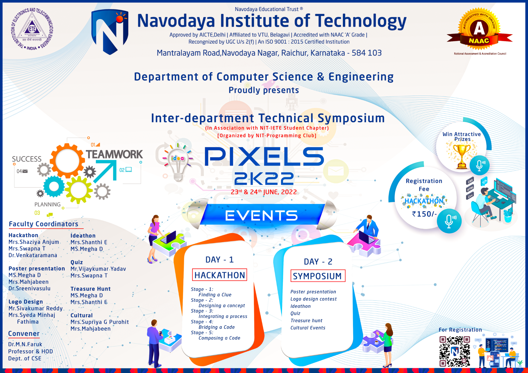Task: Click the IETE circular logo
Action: coord(32,29)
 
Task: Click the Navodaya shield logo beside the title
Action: coord(110,31)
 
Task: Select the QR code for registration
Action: coord(454,351)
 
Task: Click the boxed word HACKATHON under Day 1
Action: coord(220,275)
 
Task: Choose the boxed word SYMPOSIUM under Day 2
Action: coord(317,276)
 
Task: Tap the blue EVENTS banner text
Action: coord(261,216)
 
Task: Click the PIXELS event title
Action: coord(264,157)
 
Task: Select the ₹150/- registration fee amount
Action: coord(424,214)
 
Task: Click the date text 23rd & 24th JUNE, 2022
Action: coord(264,192)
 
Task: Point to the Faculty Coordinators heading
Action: coord(44,224)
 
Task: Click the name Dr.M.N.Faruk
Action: coord(25,344)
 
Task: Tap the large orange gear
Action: coord(67,160)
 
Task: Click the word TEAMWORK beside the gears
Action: coord(114,154)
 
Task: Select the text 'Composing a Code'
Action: coord(219,338)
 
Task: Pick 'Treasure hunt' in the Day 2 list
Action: coord(306,321)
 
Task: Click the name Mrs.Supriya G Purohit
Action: coord(100,322)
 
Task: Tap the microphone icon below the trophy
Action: coord(480,165)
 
